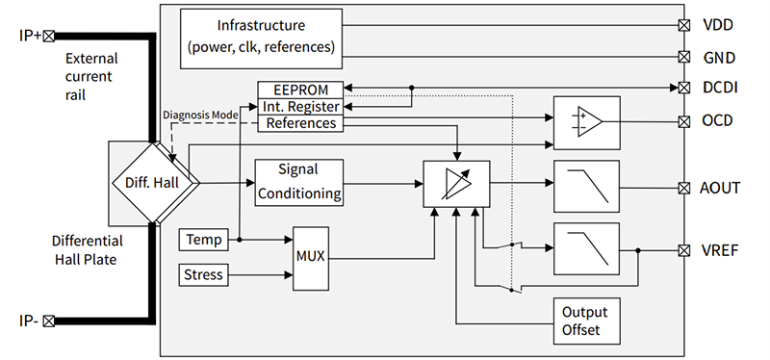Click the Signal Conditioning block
point(298,182)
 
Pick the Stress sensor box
point(204,275)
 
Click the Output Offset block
point(584,321)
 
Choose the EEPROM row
point(300,90)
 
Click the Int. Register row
point(300,106)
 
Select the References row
point(300,123)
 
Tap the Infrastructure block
point(261,36)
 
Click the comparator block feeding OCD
point(586,122)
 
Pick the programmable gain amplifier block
point(456,183)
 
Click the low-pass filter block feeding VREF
point(586,248)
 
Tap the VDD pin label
point(718,25)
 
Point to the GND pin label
point(718,57)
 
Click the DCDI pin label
point(720,89)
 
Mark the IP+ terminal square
point(48,36)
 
